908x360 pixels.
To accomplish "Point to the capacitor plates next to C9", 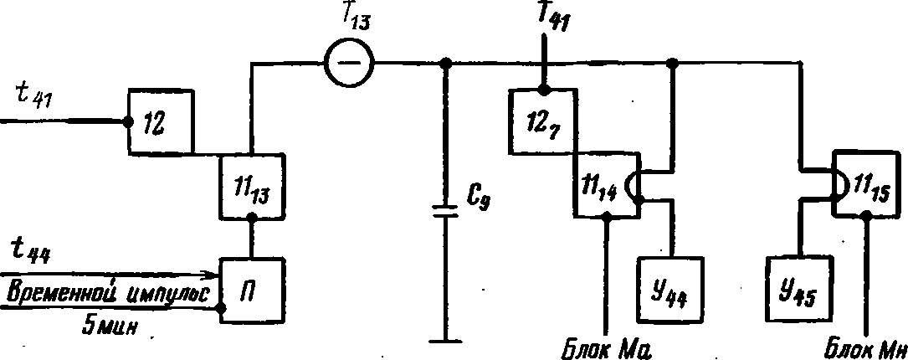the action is click(x=444, y=211).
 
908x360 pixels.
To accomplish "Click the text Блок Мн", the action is click(x=864, y=350).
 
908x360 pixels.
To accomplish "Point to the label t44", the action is click(x=29, y=253).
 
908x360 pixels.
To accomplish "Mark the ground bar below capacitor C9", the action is click(x=444, y=342).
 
